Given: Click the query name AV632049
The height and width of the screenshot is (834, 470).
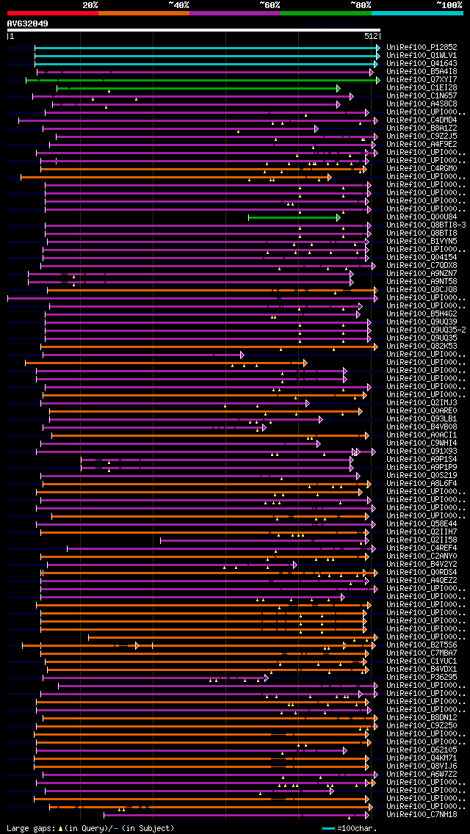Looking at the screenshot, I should click(x=28, y=23).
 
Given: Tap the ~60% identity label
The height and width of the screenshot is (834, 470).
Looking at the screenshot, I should click(x=270, y=5).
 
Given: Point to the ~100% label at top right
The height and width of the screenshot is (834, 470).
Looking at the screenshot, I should click(x=448, y=5).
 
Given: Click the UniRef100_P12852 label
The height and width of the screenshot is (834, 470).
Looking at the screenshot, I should click(x=422, y=47).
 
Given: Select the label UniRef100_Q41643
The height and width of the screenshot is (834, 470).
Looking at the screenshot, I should click(x=422, y=63).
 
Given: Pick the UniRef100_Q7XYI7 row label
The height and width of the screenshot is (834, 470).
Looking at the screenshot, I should click(x=422, y=79).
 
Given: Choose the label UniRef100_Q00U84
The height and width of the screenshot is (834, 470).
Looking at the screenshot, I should click(x=422, y=217).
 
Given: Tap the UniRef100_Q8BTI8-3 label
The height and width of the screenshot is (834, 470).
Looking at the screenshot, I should click(x=424, y=225).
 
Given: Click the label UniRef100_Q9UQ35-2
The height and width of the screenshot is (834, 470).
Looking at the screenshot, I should click(x=426, y=330).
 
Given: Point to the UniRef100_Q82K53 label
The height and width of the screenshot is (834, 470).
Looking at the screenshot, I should click(x=422, y=347).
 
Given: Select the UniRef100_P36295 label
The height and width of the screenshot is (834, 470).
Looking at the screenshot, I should click(x=422, y=678).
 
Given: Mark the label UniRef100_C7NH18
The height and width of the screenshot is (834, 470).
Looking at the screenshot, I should click(x=422, y=815).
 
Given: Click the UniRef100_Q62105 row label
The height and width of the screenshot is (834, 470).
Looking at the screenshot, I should click(x=422, y=750).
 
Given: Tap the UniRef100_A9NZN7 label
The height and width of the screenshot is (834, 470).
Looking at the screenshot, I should click(x=422, y=274).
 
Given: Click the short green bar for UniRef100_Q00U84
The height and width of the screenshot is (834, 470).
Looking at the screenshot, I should click(x=294, y=217).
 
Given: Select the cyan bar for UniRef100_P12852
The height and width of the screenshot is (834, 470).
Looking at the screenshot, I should click(x=206, y=48).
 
